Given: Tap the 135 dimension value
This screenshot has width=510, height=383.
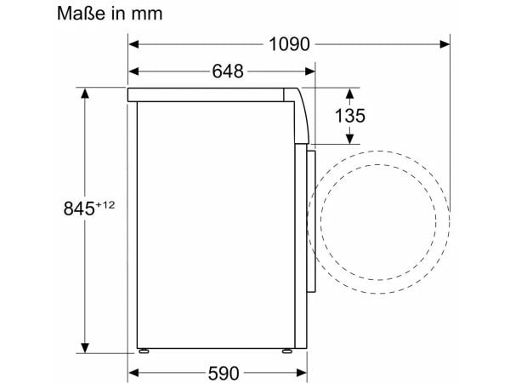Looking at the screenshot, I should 346,116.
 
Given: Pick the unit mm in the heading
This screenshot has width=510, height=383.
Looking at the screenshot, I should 144,14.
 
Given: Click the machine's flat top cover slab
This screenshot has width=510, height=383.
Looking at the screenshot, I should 212,94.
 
